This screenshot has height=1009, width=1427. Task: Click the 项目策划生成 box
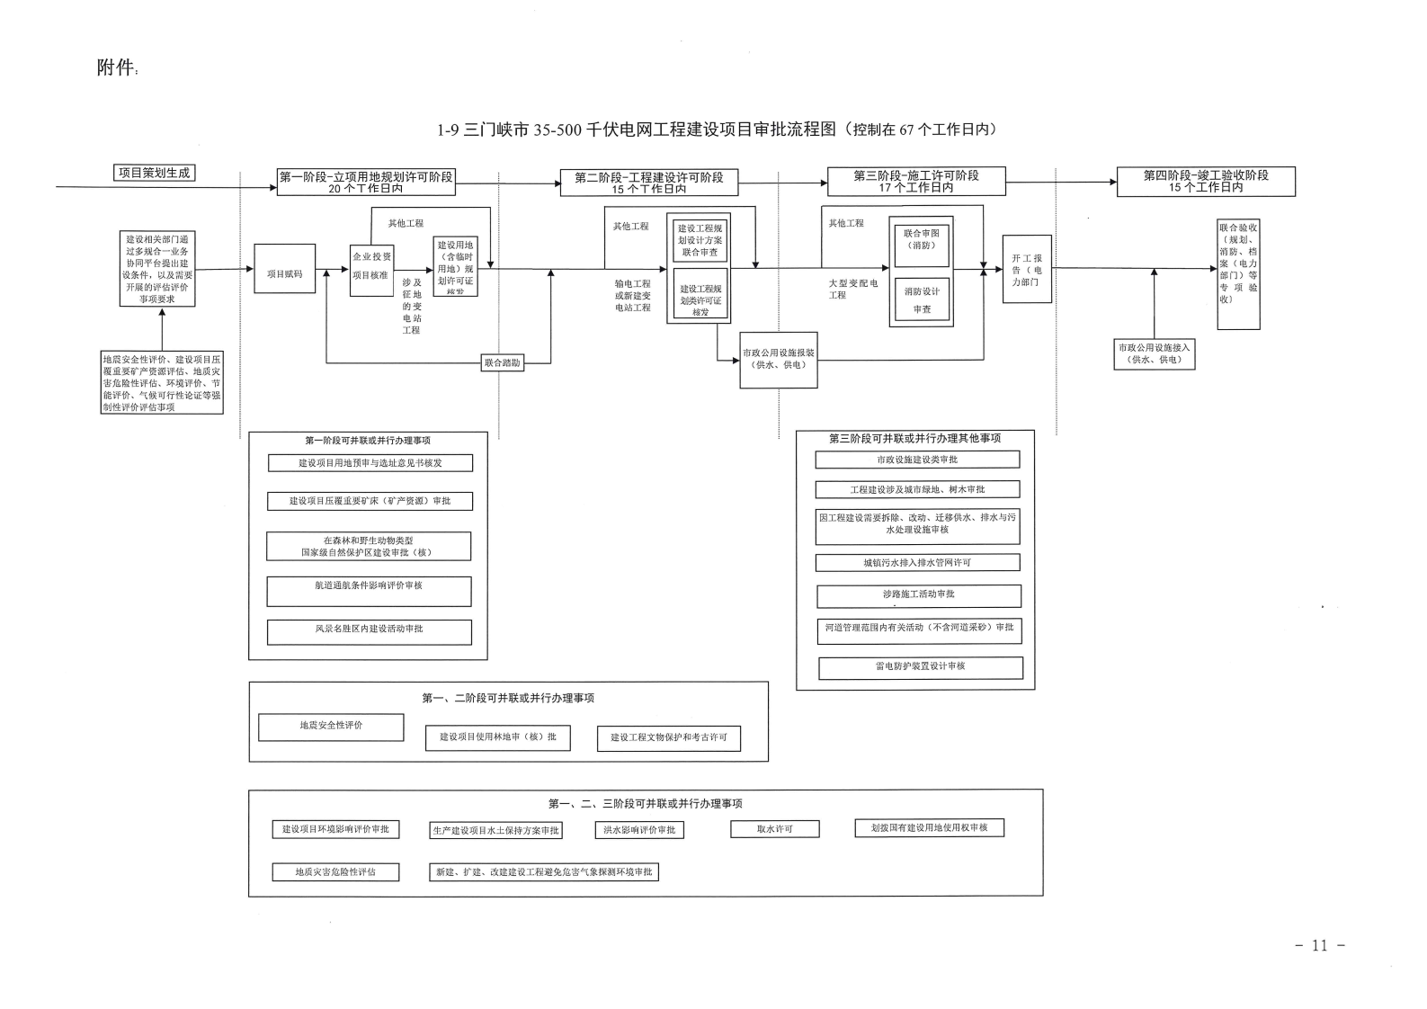[155, 173]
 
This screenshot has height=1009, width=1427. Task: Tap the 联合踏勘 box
[503, 363]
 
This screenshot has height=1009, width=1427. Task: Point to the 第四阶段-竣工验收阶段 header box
[1206, 182]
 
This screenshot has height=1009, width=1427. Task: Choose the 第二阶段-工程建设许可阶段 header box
[648, 183]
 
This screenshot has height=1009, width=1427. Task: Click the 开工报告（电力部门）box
[1026, 269]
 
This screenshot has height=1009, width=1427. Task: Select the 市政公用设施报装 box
[778, 359]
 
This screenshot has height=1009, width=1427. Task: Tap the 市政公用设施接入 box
[1154, 353]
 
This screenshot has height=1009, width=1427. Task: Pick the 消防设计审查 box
[922, 300]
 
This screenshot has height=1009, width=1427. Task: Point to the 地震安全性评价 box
[331, 727]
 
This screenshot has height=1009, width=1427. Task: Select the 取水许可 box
[774, 829]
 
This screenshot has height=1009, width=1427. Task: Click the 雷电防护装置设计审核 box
[920, 667]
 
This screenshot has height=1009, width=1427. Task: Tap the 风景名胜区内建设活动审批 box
[369, 631]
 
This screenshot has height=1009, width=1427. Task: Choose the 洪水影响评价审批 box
[638, 830]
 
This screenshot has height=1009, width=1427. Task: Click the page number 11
[1319, 945]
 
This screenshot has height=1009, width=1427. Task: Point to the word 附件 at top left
[115, 68]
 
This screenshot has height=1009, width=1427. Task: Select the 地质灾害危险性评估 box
[335, 871]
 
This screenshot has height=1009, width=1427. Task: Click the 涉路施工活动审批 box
[918, 595]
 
